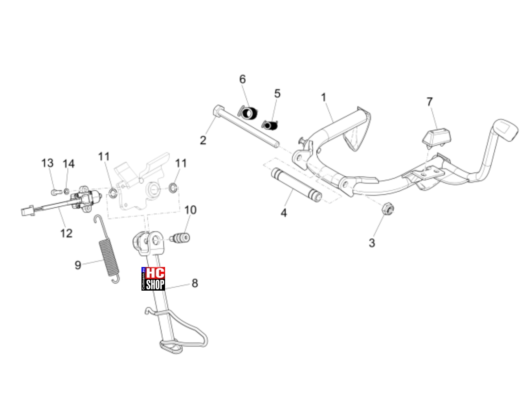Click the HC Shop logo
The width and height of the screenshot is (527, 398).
pos(153,278)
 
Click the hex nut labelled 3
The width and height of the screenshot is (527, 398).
pos(387,208)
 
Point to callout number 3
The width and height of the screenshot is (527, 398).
pos(372,243)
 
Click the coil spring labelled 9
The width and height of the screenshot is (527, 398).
pos(107,249)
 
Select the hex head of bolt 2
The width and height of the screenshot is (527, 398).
pos(218,111)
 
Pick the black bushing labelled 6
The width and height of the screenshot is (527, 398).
pos(248,112)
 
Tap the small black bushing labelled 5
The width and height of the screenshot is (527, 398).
pos(269,125)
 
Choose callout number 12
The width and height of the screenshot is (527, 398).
pos(66,233)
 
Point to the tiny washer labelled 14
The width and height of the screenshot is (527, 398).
pos(67,192)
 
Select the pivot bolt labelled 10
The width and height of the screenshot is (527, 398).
pos(180,238)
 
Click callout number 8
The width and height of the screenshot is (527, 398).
pos(195,283)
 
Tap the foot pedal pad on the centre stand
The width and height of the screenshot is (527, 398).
pos(505,130)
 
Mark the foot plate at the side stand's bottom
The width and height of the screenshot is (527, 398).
pos(171,347)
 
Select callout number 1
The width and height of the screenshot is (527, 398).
pos(323,98)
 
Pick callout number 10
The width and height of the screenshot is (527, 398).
pos(190,210)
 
